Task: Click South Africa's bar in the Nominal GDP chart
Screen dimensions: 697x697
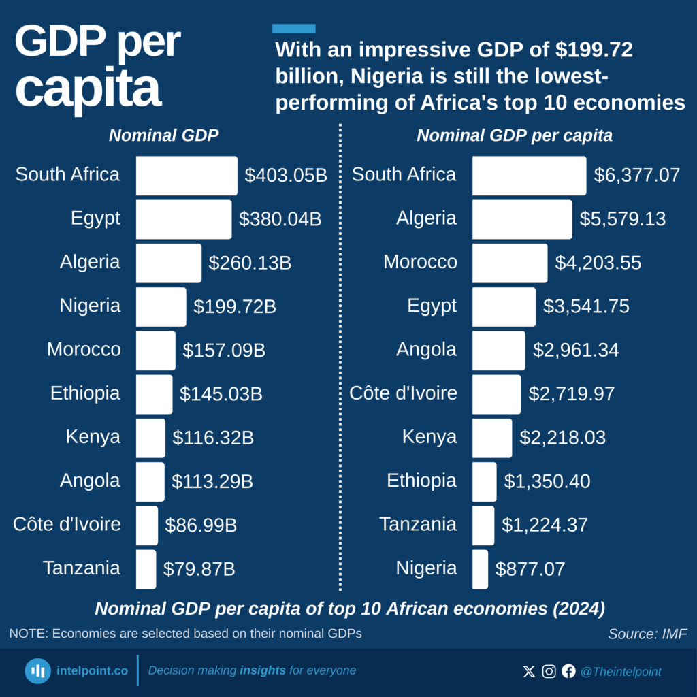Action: coord(187,176)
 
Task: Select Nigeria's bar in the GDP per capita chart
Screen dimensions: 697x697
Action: coord(480,569)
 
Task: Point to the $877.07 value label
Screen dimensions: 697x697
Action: coord(530,569)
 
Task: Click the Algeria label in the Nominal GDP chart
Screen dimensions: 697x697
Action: coord(90,262)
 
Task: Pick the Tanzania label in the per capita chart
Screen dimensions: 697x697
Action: coord(418,524)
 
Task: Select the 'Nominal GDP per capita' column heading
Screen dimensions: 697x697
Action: coord(514,135)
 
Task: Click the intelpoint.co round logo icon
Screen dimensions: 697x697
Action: coord(38,671)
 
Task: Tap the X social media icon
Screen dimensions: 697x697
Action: coord(529,672)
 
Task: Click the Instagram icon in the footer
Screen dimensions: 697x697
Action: coord(549,672)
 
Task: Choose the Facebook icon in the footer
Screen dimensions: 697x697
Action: coord(568,672)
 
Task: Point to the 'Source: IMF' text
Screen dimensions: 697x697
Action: coord(647,634)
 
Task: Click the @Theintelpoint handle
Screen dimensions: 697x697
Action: coord(620,672)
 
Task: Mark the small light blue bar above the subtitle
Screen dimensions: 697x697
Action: coord(294,29)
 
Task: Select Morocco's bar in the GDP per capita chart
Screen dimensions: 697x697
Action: coord(509,263)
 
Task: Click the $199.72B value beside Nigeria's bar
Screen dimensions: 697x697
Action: coord(234,307)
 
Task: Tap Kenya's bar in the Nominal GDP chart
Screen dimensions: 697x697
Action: coord(150,438)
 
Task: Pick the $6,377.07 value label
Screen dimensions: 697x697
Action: coord(636,176)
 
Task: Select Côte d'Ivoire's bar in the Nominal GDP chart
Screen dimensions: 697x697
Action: coord(146,525)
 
